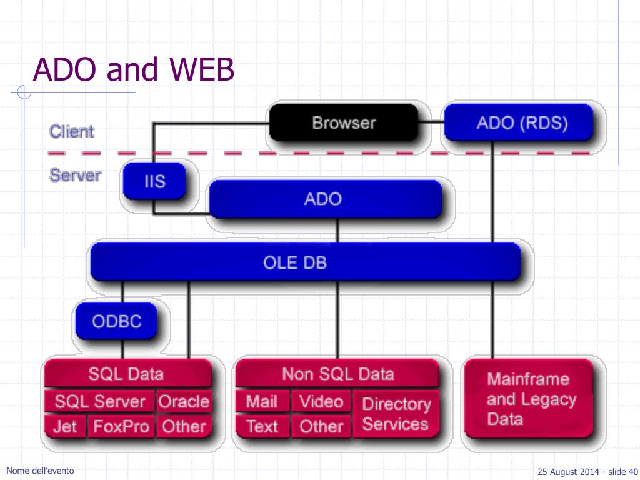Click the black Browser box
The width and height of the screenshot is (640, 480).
click(x=344, y=122)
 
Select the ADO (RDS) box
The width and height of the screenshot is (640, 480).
click(x=518, y=122)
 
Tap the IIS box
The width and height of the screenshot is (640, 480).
click(x=154, y=181)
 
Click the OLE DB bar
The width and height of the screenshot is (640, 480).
click(x=305, y=262)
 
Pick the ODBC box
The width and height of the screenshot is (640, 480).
click(x=116, y=321)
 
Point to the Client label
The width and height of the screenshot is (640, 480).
click(x=72, y=131)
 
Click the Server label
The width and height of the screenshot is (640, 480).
click(x=75, y=176)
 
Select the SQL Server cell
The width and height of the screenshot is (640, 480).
click(x=99, y=401)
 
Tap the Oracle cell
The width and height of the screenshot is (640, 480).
click(x=184, y=401)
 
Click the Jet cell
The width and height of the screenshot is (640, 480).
click(x=65, y=426)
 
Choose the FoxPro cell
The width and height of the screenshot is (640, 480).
click(x=121, y=426)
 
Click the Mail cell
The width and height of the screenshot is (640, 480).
click(x=262, y=401)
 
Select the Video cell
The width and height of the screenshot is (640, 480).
click(x=321, y=401)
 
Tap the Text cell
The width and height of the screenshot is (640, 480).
click(x=262, y=426)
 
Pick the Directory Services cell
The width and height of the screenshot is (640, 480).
click(x=396, y=414)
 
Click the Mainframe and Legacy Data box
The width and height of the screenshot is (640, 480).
click(x=529, y=399)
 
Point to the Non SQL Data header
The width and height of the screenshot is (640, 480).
click(x=337, y=374)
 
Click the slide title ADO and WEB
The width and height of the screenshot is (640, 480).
click(x=134, y=69)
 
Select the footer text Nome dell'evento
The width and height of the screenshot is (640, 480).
click(x=40, y=471)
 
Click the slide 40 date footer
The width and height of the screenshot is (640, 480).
click(x=587, y=472)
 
